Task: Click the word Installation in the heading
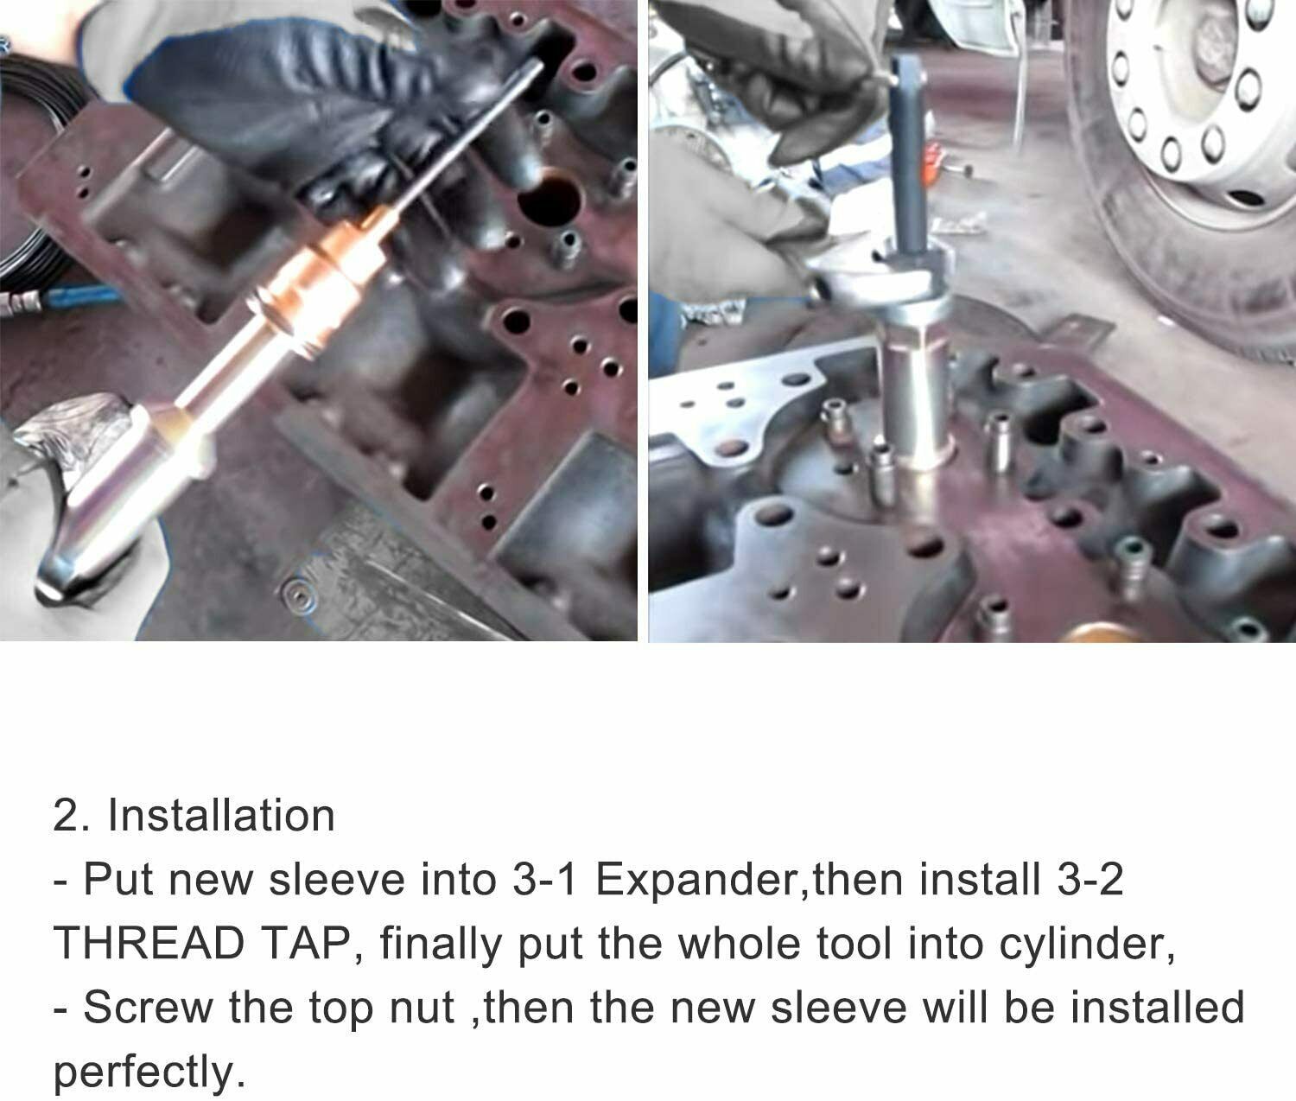pos(220,816)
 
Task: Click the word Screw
pos(146,1008)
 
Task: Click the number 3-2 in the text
pos(1090,880)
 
